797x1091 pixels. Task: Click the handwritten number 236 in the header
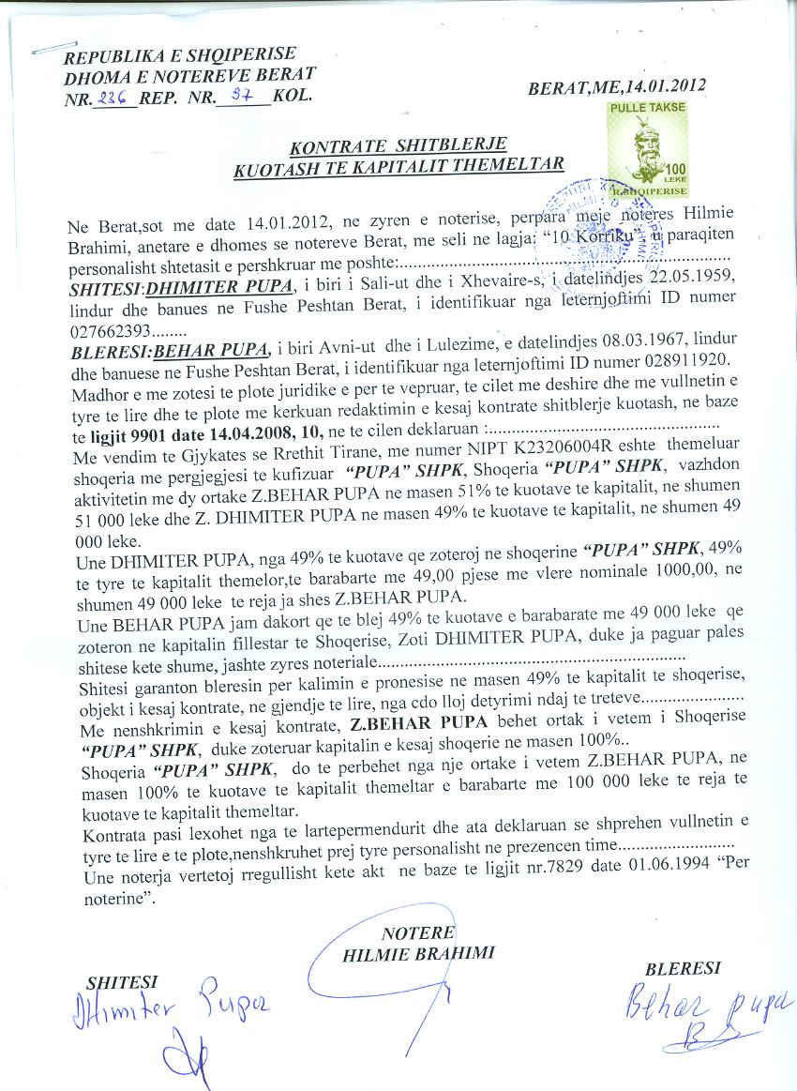(x=117, y=96)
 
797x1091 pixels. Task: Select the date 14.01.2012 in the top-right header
(x=662, y=87)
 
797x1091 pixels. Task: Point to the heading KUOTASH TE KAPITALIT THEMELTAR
(x=398, y=166)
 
